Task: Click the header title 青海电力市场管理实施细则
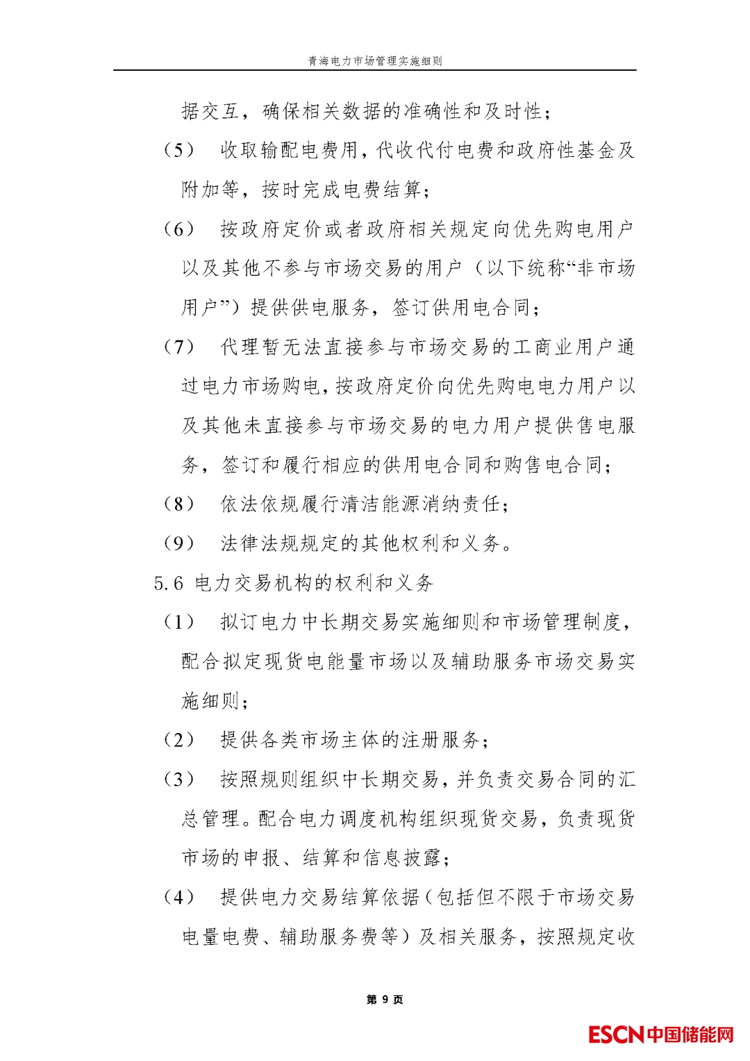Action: coord(375,61)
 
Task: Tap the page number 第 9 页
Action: coord(384,999)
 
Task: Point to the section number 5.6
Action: coord(169,583)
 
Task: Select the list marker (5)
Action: coord(178,150)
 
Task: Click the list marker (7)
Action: coord(178,347)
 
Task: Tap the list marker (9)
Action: coord(178,543)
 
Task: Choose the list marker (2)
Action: coord(178,740)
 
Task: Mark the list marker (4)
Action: coord(178,897)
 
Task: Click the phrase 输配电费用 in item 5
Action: coord(309,150)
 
